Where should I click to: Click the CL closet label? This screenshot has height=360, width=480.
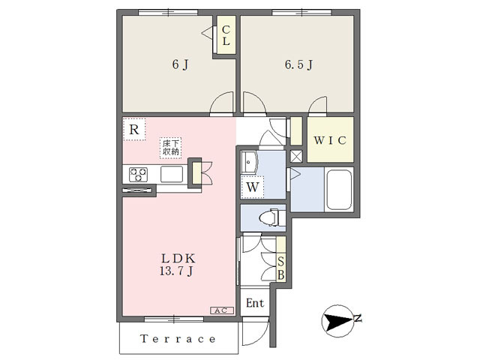pyautogui.click(x=226, y=35)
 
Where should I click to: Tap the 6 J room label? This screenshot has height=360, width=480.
pyautogui.click(x=180, y=64)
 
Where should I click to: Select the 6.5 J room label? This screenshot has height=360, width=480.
pyautogui.click(x=298, y=64)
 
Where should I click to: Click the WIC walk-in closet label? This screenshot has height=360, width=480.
pyautogui.click(x=330, y=140)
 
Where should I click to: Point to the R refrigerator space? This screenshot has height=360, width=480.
pyautogui.click(x=134, y=129)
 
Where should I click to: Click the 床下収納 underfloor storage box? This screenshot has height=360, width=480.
pyautogui.click(x=170, y=148)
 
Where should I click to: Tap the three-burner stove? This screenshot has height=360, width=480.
pyautogui.click(x=138, y=175)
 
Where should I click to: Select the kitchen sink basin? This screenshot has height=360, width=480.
pyautogui.click(x=172, y=174)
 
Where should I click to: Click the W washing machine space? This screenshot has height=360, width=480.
pyautogui.click(x=253, y=187)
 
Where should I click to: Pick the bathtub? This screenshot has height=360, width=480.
pyautogui.click(x=338, y=190)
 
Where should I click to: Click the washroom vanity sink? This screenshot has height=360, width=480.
pyautogui.click(x=250, y=162)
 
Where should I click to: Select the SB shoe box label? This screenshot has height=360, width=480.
pyautogui.click(x=280, y=268)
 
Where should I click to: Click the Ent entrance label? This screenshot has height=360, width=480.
pyautogui.click(x=255, y=303)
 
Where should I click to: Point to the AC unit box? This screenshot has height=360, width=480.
pyautogui.click(x=222, y=310)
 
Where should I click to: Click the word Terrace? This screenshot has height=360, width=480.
pyautogui.click(x=178, y=339)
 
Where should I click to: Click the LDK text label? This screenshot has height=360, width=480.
pyautogui.click(x=178, y=259)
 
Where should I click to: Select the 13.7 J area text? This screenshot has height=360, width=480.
pyautogui.click(x=177, y=271)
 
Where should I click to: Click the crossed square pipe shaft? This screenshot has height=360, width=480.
pyautogui.click(x=295, y=156)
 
